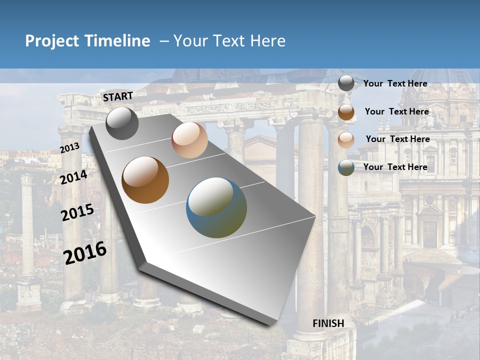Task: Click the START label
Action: click(x=118, y=96)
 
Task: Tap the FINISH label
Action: click(x=328, y=323)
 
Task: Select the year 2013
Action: click(x=70, y=148)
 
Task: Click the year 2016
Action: click(x=85, y=252)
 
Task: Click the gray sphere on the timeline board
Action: click(x=122, y=123)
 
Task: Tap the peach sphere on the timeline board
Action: click(x=189, y=140)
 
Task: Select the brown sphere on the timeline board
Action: click(x=145, y=180)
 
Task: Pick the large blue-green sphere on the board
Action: click(x=216, y=207)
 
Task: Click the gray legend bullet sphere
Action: click(x=346, y=83)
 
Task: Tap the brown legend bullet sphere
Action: click(x=346, y=112)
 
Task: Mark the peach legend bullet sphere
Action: click(x=346, y=140)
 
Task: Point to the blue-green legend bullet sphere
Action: click(x=346, y=167)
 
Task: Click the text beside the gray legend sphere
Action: click(x=395, y=83)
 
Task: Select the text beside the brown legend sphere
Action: click(x=396, y=111)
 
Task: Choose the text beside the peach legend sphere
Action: click(x=397, y=139)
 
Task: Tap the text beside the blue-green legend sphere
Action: click(x=395, y=167)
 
